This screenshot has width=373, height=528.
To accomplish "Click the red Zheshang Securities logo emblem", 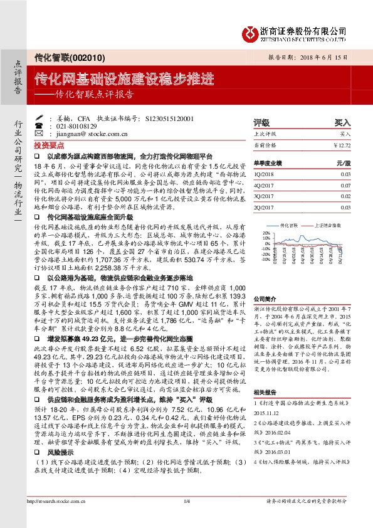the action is point(250,30).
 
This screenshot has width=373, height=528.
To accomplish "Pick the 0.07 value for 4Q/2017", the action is point(346,186).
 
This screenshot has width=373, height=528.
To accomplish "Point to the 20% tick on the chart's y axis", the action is point(265,231).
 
